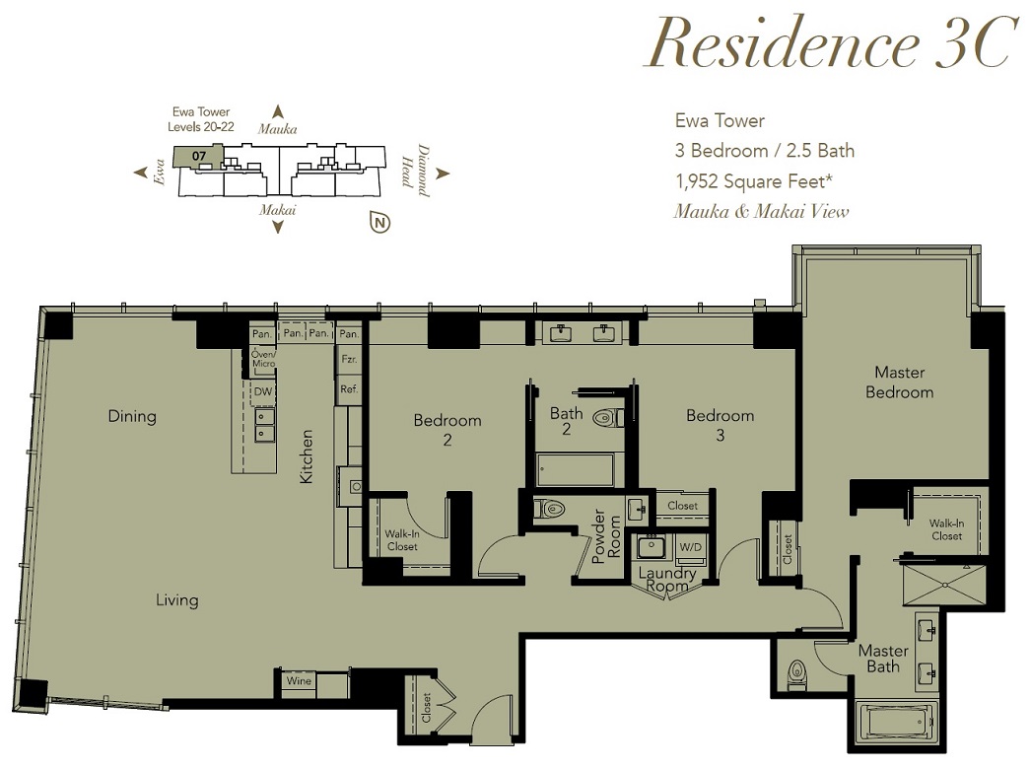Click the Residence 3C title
830,42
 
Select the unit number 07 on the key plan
199,156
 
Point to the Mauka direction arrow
278,111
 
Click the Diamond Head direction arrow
443,174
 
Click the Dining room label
132,416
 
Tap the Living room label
176,600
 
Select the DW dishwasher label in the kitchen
263,391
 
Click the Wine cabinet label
299,680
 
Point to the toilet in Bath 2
608,418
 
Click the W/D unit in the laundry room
690,547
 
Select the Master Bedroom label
900,383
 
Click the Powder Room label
606,536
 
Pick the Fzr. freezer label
349,360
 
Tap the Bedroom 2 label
447,430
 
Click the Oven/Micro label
264,359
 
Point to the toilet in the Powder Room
550,509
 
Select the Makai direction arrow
278,227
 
